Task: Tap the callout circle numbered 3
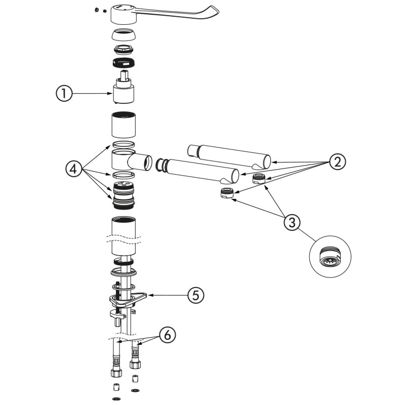click(x=291, y=221)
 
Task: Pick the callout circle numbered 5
click(x=196, y=295)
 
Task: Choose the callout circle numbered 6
click(x=167, y=334)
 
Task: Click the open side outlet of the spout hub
click(x=147, y=163)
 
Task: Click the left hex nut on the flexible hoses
click(x=115, y=372)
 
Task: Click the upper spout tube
click(x=230, y=154)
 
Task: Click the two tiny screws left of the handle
click(x=100, y=10)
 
